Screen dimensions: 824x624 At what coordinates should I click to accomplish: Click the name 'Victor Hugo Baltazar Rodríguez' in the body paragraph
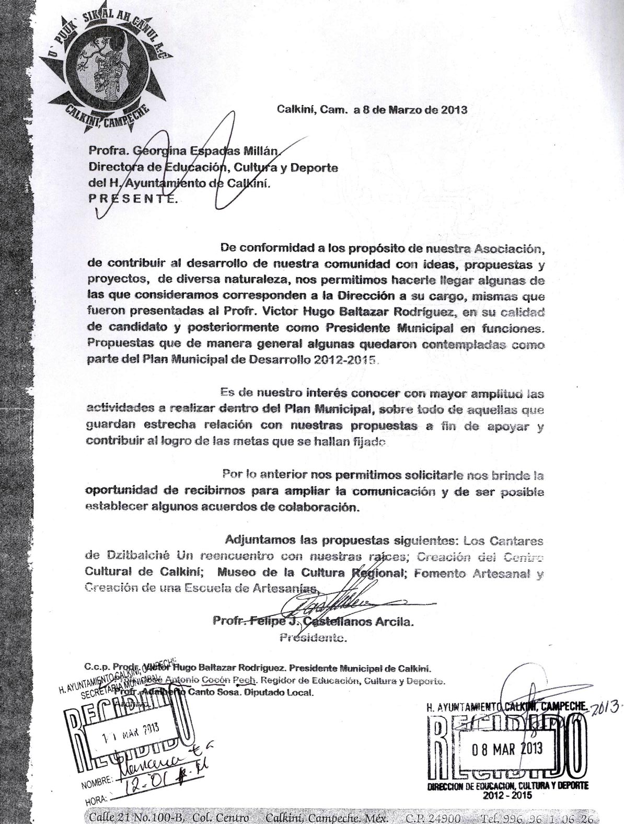point(403,313)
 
